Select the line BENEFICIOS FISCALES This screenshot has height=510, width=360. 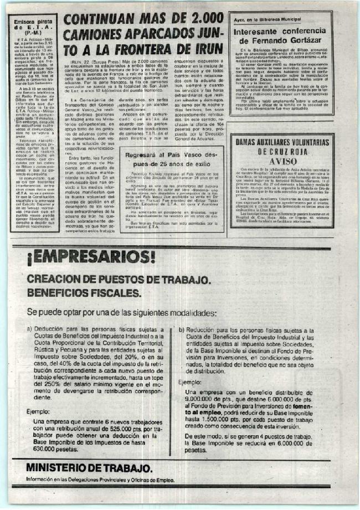84,293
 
